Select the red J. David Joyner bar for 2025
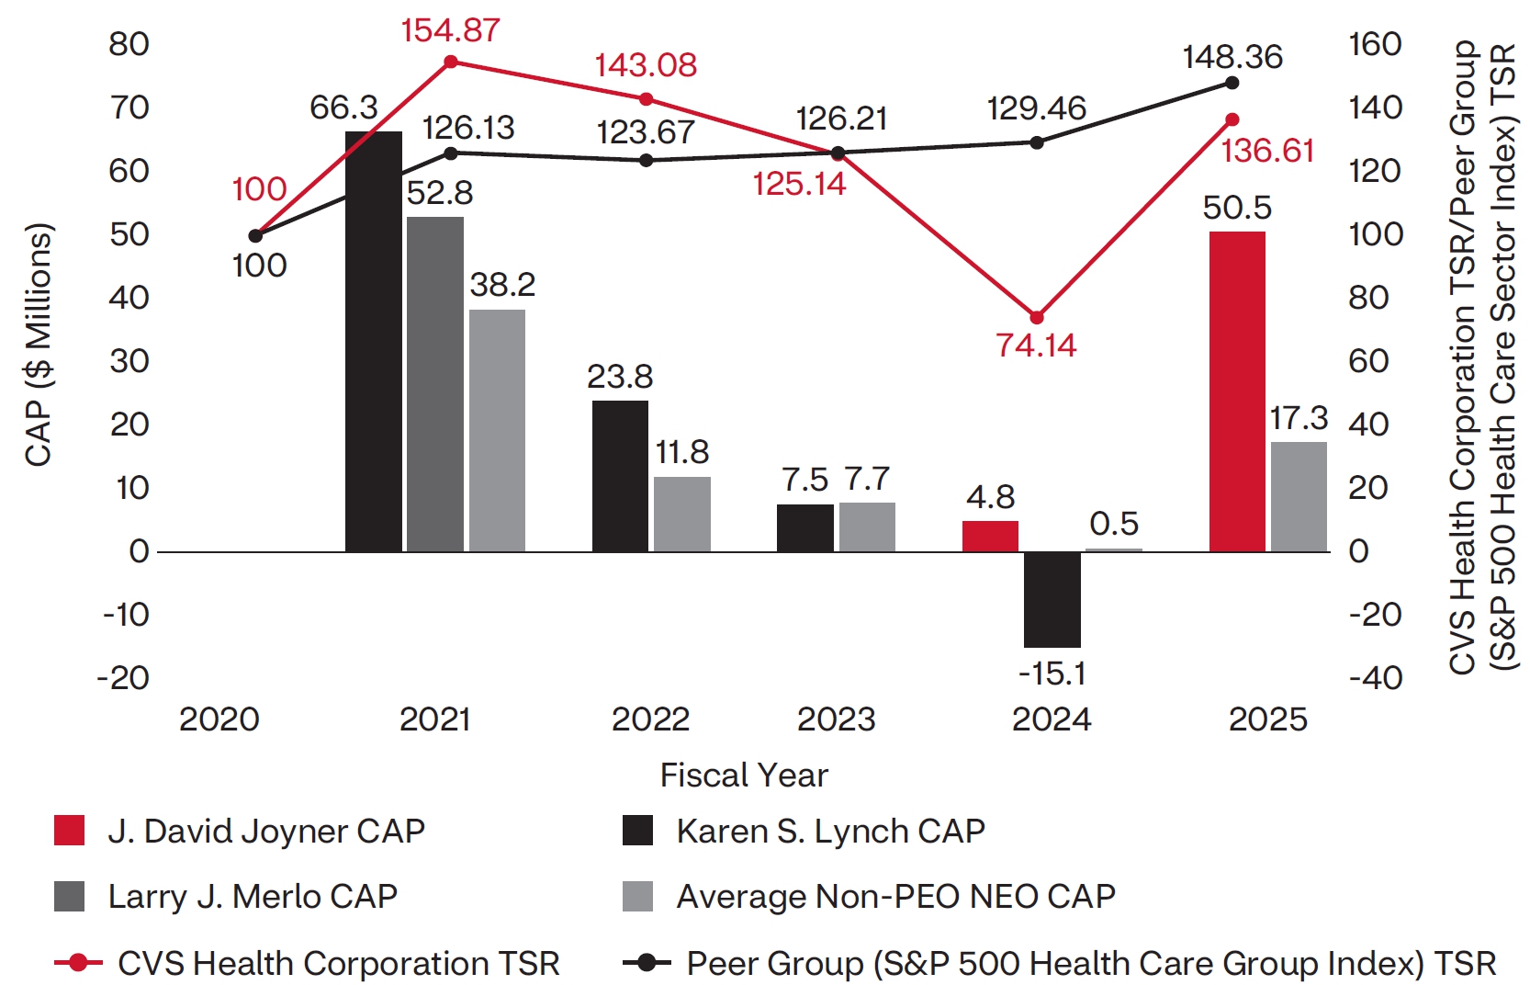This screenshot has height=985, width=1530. point(1237,391)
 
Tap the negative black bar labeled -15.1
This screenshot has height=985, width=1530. point(1052,599)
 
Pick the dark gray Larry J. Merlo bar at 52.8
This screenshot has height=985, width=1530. point(435,384)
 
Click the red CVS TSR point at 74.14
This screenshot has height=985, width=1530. point(1037,318)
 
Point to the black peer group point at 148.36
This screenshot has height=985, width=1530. point(1232,84)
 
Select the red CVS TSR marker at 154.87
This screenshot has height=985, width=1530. point(451,62)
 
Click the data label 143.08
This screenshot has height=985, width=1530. point(645,65)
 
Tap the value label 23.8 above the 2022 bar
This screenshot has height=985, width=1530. point(620,377)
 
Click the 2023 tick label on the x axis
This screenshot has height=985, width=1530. point(836,719)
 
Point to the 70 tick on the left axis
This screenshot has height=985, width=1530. point(129,108)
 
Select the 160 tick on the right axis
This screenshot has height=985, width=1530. point(1375,44)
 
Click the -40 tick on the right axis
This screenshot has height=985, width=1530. point(1375,678)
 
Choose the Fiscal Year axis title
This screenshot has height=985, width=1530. point(744,776)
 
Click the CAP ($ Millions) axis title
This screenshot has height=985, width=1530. point(39,345)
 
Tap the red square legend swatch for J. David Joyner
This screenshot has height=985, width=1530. point(70,831)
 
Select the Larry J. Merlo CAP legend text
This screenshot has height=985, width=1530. point(253,896)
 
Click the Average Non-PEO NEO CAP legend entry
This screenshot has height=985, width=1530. point(895,896)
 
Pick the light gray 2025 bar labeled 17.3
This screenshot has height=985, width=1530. point(1299,496)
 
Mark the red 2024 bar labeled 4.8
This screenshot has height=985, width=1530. point(990,536)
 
